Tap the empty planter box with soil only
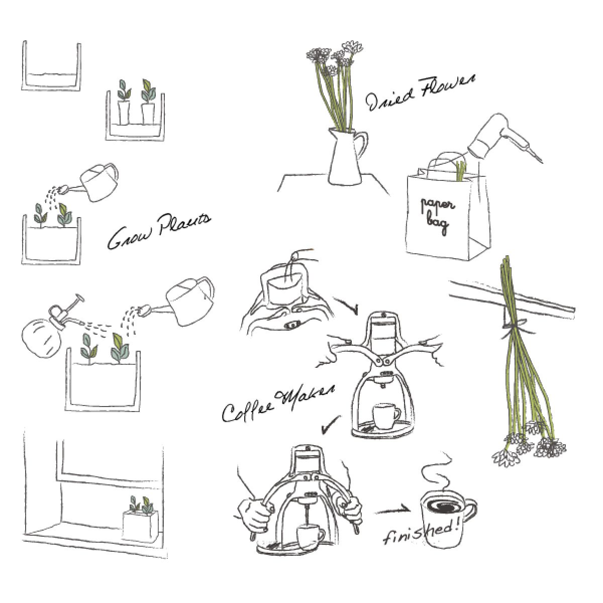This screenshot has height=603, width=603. pyautogui.click(x=51, y=66)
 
